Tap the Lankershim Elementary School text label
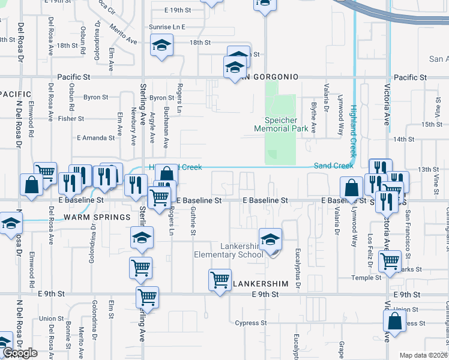[x=229, y=250]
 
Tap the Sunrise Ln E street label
[x=167, y=27]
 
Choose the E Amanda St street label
[x=96, y=137]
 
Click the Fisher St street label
[x=71, y=119]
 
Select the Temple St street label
[x=367, y=278]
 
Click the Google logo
[x=20, y=353]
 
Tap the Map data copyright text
[x=424, y=355]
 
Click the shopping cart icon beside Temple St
[x=390, y=262]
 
